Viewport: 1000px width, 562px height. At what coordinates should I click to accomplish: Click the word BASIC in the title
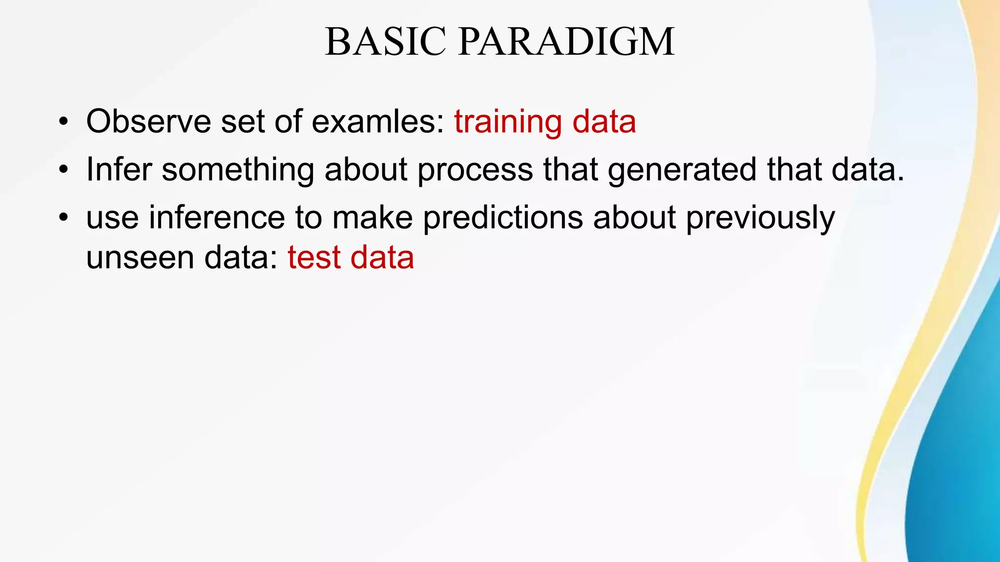click(385, 42)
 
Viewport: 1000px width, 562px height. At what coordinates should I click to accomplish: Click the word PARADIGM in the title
click(566, 42)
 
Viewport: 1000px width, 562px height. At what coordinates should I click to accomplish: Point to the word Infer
click(119, 169)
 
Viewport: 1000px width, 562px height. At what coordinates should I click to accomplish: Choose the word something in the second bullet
click(238, 170)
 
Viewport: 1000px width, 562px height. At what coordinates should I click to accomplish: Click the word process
click(475, 170)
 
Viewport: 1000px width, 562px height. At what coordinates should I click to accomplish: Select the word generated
click(682, 170)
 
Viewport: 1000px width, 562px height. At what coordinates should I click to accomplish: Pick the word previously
click(760, 218)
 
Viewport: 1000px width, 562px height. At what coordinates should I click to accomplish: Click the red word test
click(314, 258)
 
